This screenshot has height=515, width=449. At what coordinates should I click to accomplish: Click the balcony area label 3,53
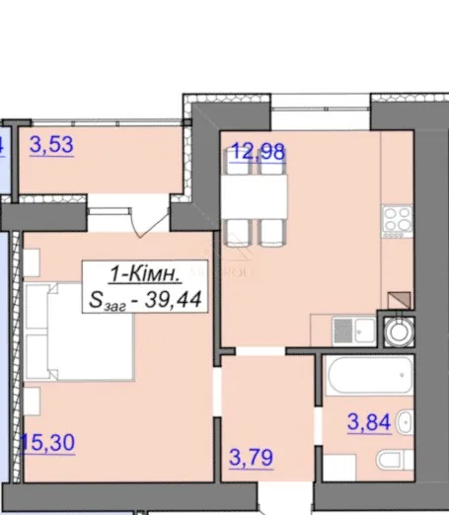pyautogui.click(x=51, y=145)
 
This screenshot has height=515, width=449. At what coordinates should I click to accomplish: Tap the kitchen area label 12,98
pyautogui.click(x=258, y=152)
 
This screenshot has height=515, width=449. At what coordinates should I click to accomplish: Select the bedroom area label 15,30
pyautogui.click(x=48, y=442)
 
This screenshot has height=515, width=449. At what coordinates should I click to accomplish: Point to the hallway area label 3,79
pyautogui.click(x=251, y=457)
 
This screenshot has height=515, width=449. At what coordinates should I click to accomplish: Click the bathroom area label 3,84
pyautogui.click(x=369, y=422)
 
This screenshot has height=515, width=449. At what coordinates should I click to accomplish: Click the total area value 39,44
pyautogui.click(x=173, y=300)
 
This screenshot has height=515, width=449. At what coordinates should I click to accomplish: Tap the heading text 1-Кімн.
pyautogui.click(x=145, y=273)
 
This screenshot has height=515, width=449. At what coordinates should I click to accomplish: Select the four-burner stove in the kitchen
pyautogui.click(x=397, y=221)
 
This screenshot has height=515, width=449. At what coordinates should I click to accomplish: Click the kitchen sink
pyautogui.click(x=354, y=331)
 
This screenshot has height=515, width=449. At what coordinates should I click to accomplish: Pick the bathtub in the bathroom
pyautogui.click(x=369, y=375)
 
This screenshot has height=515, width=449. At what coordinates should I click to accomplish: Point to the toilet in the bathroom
pyautogui.click(x=395, y=460)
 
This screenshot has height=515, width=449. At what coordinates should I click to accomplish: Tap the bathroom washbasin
pyautogui.click(x=405, y=422)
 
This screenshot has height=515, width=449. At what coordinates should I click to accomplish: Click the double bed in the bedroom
pyautogui.click(x=79, y=331)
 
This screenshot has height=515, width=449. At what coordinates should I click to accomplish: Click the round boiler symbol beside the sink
pyautogui.click(x=399, y=331)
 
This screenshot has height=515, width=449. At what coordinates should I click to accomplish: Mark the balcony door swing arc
pyautogui.click(x=152, y=224)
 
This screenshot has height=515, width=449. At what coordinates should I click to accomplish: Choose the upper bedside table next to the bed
pyautogui.click(x=32, y=262)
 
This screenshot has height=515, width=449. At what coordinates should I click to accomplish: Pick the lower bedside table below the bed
pyautogui.click(x=32, y=401)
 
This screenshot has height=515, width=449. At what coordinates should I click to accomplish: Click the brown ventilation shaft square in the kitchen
pyautogui.click(x=399, y=301)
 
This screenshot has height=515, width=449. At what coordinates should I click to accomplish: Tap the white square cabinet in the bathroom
pyautogui.click(x=339, y=468)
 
